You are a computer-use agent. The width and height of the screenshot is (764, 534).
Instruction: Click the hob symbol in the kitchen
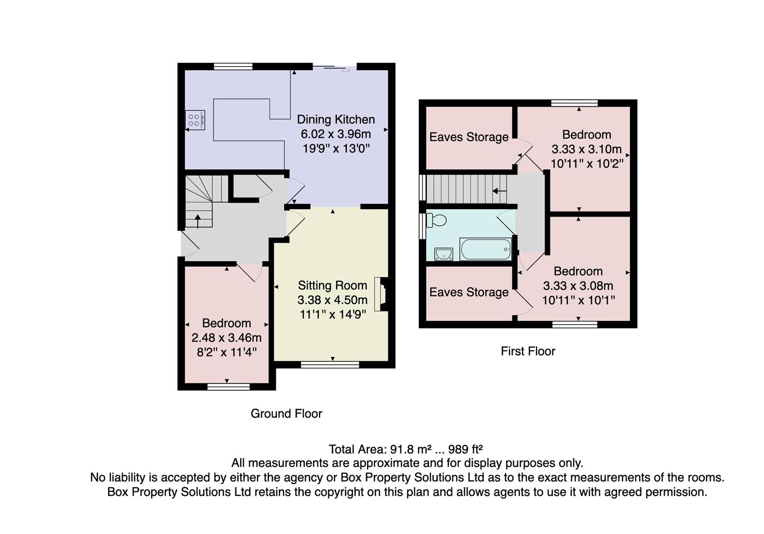[195, 120]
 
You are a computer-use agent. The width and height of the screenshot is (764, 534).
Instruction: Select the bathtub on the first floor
[486, 249]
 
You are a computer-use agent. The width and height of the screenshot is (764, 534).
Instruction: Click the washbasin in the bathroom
[444, 254]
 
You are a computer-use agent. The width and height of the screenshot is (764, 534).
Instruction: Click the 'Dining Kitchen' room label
[336, 120]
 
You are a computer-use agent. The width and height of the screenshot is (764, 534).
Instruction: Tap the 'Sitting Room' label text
[332, 285]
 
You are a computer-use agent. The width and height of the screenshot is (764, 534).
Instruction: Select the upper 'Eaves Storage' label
[469, 137]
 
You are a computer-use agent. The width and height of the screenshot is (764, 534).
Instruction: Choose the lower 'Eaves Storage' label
[469, 292]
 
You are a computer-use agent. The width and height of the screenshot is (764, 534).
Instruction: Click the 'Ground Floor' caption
[286, 414]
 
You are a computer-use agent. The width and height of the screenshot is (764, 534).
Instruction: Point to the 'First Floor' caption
[528, 351]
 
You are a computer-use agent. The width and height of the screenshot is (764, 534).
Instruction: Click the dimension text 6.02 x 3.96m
[336, 134]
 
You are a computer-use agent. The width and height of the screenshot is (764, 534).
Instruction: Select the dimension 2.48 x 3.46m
[226, 338]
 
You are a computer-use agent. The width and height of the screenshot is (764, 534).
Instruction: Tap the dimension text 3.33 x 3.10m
[586, 149]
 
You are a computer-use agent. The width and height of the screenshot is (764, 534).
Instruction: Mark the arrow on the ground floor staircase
[198, 221]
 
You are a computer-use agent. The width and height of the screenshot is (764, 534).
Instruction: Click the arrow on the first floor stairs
[499, 190]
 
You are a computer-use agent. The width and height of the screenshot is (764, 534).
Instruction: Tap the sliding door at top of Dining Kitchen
[334, 68]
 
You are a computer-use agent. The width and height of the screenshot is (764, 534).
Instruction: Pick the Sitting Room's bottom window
[330, 365]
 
